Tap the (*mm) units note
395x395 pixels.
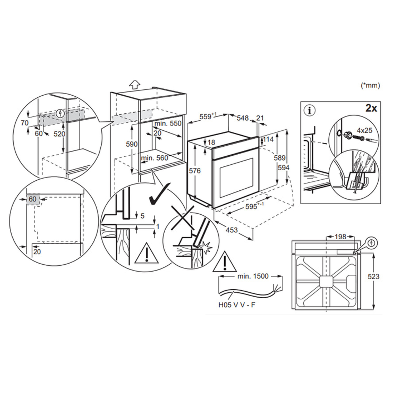tap(370, 85)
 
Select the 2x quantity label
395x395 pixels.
tap(371, 108)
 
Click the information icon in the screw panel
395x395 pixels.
tap(310, 110)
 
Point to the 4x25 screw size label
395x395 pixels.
tap(364, 130)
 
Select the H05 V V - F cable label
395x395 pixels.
tap(237, 305)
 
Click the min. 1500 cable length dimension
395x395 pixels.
tap(253, 276)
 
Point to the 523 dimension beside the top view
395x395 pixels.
tap(373, 276)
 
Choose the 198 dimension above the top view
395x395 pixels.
tap(340, 237)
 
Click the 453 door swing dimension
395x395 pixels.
tap(232, 230)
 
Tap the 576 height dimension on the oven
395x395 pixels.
tap(195, 171)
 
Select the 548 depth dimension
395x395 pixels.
tap(243, 118)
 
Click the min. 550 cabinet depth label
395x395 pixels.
tap(168, 123)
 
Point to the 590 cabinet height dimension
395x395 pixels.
tap(132, 144)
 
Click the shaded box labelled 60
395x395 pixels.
tap(33, 199)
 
